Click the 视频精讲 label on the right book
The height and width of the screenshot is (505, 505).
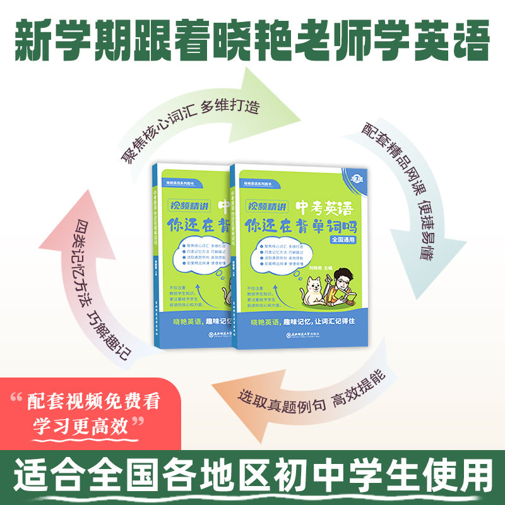[266, 206]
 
